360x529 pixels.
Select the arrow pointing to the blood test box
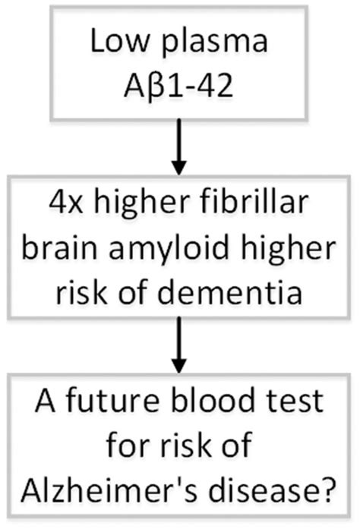[179, 345]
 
